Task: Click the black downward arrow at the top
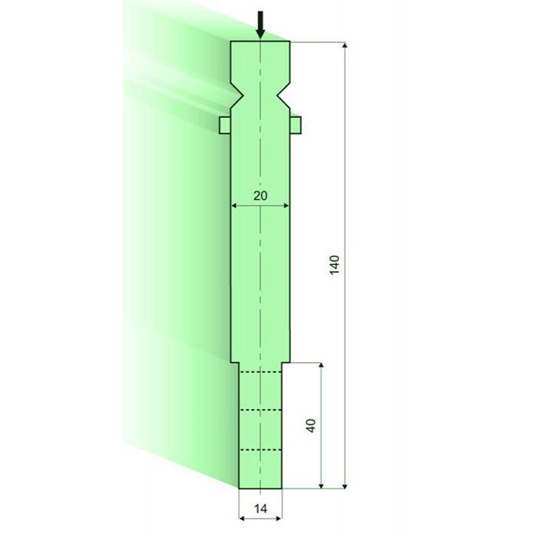260,25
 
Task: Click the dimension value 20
260,196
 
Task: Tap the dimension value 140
335,265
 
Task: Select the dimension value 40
311,426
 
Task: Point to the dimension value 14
260,508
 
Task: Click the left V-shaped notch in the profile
237,96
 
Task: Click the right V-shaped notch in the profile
283,96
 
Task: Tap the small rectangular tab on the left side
225,125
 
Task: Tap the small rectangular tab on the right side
296,125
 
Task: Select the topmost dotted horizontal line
260,371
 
